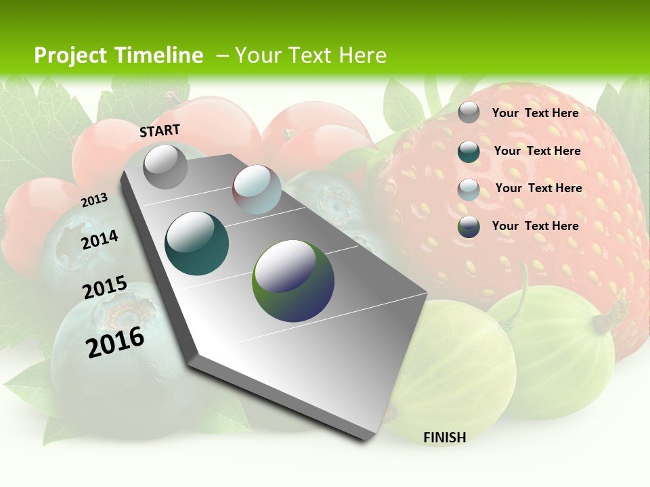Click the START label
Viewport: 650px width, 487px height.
pyautogui.click(x=160, y=131)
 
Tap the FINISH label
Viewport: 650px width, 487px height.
pyautogui.click(x=444, y=438)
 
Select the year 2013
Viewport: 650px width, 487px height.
pyautogui.click(x=94, y=200)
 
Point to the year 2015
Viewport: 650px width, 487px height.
pyautogui.click(x=104, y=287)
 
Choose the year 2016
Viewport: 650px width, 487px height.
pyautogui.click(x=115, y=342)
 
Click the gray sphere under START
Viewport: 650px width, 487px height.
pyautogui.click(x=165, y=166)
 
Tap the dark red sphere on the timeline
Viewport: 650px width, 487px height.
pyautogui.click(x=257, y=189)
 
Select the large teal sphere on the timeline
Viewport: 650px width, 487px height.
pyautogui.click(x=197, y=243)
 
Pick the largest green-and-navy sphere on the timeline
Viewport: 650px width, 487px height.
pyautogui.click(x=293, y=281)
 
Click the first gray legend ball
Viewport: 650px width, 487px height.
pyautogui.click(x=469, y=112)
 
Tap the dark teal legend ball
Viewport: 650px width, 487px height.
pyautogui.click(x=469, y=152)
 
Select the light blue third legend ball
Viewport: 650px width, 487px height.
pyautogui.click(x=469, y=189)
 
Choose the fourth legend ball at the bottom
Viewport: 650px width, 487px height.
pyautogui.click(x=469, y=227)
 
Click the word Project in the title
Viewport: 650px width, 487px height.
pyautogui.click(x=70, y=55)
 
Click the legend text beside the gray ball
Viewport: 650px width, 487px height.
pyautogui.click(x=535, y=113)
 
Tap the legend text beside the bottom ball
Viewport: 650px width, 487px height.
pyautogui.click(x=535, y=226)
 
